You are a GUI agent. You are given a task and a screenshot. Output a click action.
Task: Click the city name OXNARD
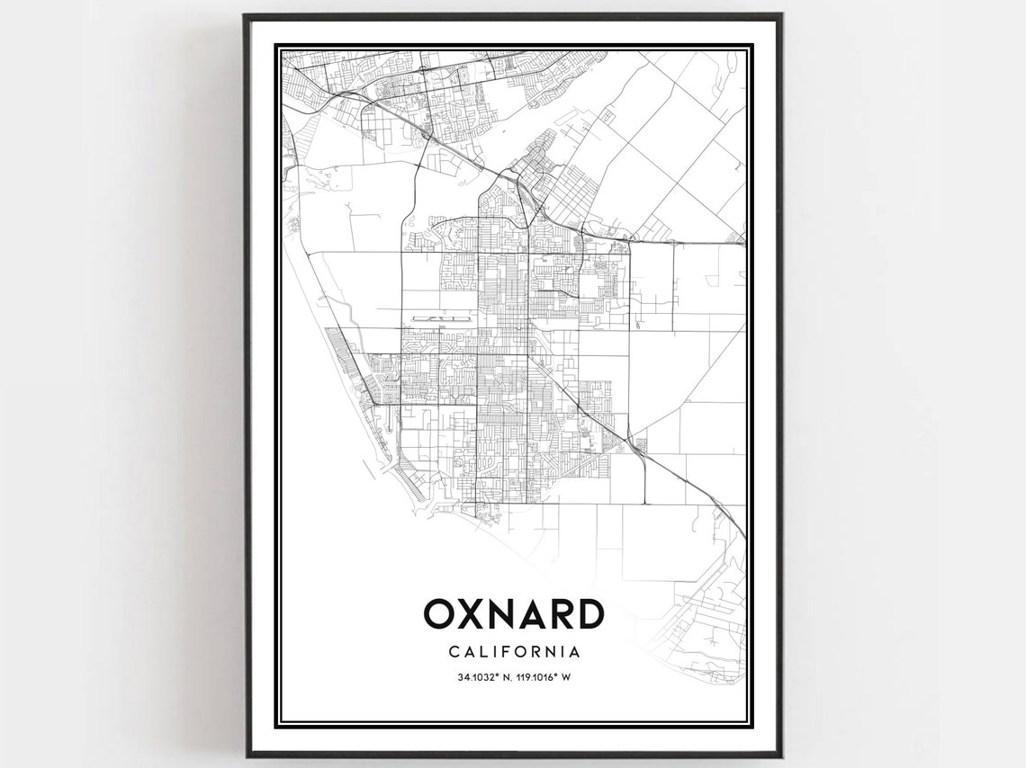[513, 614]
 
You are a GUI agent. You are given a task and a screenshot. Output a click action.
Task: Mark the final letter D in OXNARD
[589, 614]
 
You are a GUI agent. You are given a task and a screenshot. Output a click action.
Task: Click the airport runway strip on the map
[440, 318]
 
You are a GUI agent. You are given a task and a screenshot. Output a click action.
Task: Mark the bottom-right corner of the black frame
[779, 755]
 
